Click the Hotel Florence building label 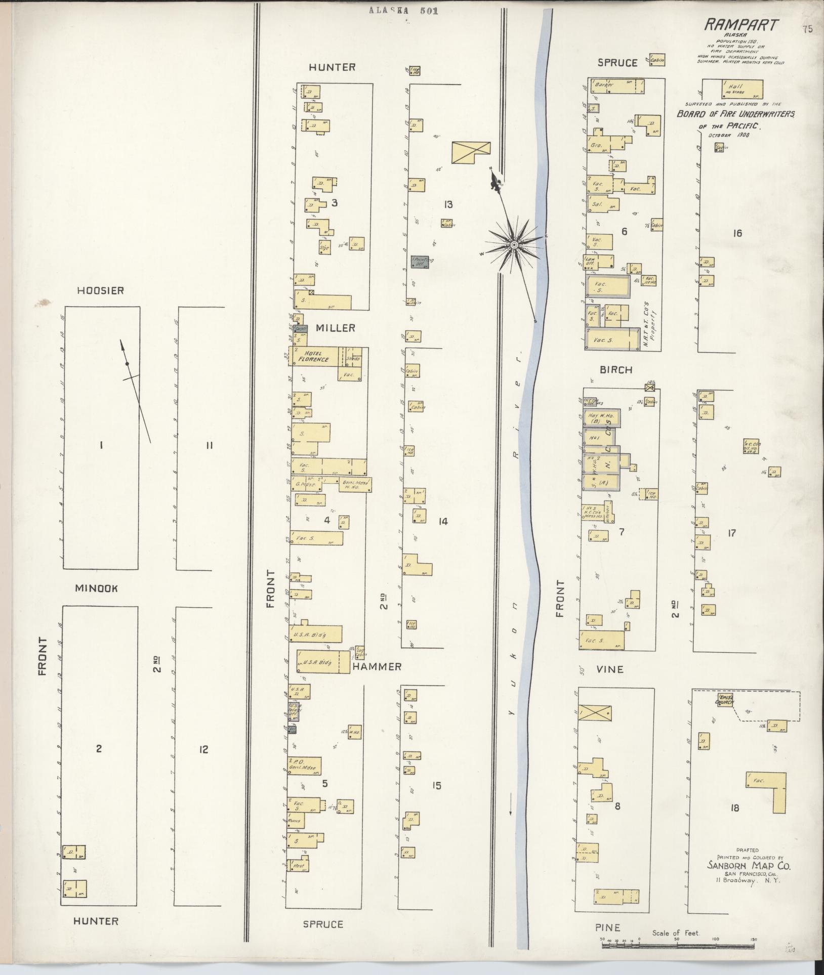pos(316,356)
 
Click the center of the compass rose pos(514,244)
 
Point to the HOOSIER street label pos(100,291)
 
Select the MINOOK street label pos(96,588)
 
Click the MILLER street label pos(336,328)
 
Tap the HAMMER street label pos(377,667)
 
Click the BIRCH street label pos(616,370)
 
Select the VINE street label pos(609,669)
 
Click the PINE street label pos(608,927)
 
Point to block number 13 pos(447,204)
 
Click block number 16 pos(736,233)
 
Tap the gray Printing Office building pos(420,262)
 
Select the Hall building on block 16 pos(742,89)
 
